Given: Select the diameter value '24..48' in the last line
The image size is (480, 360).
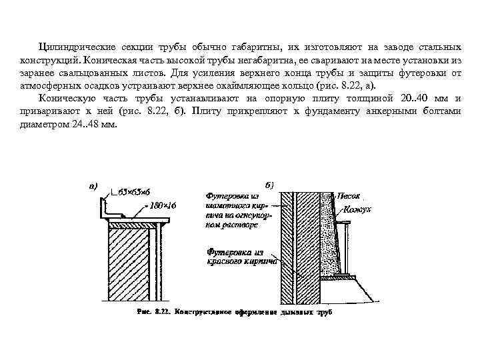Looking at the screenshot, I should coord(78,123).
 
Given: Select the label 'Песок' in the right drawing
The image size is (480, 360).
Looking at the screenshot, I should coord(350,197).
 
